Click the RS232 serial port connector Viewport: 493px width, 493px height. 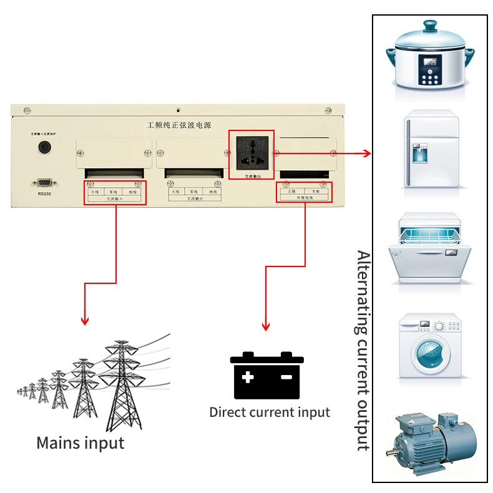click(44, 182)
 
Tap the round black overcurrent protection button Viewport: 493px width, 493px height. click(44, 147)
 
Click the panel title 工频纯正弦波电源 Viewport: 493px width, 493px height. click(178, 125)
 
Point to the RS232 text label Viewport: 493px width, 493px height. click(44, 194)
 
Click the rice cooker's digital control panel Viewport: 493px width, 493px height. click(430, 70)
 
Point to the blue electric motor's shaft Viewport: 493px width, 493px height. click(394, 450)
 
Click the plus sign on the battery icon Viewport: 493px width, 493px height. click(248, 377)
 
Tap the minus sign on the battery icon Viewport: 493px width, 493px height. click(286, 377)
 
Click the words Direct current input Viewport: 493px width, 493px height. click(269, 412)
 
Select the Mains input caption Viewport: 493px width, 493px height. click(80, 443)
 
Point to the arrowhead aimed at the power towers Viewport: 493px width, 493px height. click(85, 321)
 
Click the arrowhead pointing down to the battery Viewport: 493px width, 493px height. click(266, 326)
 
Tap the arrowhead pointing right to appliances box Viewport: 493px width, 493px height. click(367, 153)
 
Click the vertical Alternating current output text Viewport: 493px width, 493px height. click(363, 349)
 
